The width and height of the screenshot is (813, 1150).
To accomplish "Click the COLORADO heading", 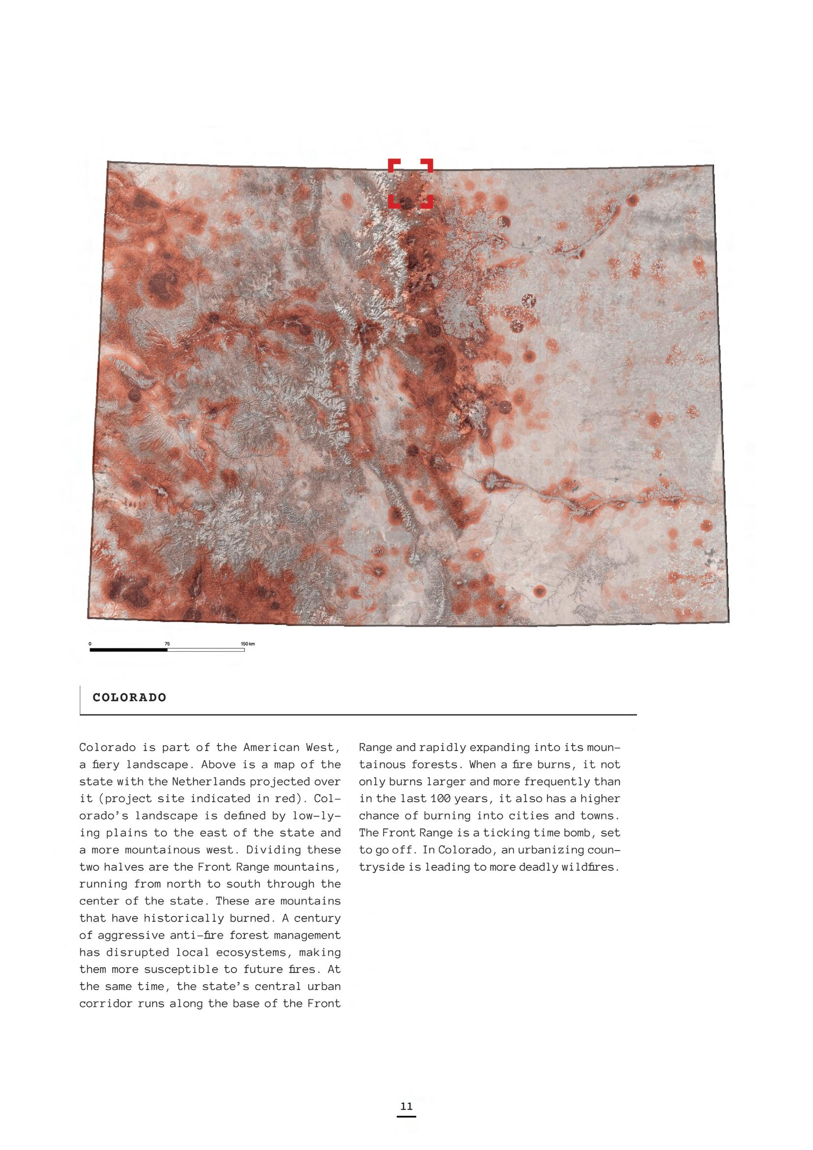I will point(129,697).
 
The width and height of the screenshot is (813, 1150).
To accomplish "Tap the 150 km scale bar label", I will point(247,644).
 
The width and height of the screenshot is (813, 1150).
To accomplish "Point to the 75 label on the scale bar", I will point(167,644).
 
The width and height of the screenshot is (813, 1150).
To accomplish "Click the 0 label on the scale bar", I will point(90,644).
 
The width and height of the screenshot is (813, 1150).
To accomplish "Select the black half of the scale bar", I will point(128,650).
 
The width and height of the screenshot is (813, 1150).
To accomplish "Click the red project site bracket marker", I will point(410,183).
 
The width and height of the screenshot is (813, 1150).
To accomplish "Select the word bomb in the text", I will point(575,832).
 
